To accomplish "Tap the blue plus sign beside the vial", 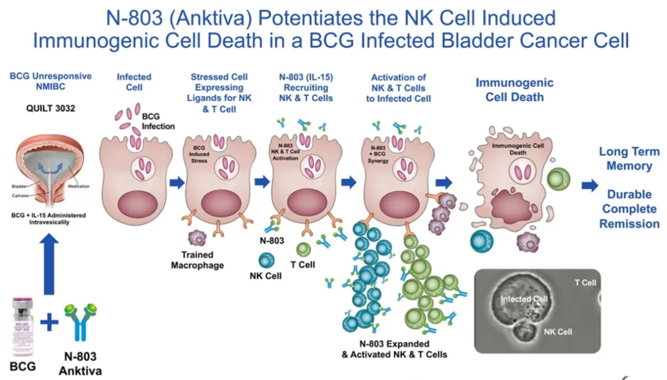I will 50,321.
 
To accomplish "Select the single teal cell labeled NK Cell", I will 267,260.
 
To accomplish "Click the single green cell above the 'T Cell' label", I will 303,250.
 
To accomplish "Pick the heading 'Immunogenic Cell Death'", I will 514,90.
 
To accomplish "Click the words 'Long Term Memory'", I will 629,159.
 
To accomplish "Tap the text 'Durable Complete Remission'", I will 629,209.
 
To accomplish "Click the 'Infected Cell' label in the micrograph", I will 524,299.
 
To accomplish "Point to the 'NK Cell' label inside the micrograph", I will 558,332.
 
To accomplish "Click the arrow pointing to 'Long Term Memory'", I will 590,184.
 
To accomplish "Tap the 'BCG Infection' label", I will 159,121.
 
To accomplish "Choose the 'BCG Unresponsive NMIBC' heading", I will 51,82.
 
